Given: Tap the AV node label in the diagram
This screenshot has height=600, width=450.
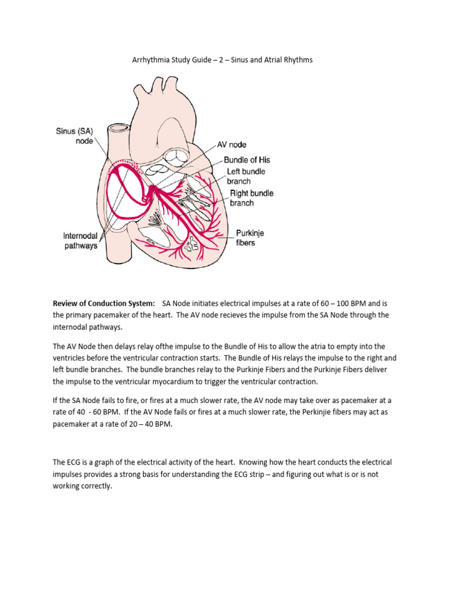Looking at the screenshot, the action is click(x=231, y=145).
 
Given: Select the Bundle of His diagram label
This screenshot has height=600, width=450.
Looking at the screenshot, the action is click(x=247, y=160).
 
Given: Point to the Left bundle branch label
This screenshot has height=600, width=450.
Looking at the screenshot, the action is click(x=246, y=176).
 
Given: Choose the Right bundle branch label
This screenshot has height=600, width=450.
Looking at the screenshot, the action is click(x=250, y=198).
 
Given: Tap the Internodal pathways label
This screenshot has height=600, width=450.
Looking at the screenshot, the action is click(x=80, y=241).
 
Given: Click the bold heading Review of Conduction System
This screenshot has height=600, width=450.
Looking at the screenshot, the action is click(x=104, y=304).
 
